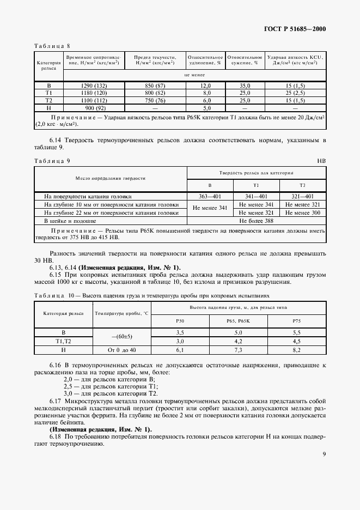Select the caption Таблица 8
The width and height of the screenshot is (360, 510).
click(53, 46)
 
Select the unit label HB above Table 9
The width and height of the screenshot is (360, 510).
click(322, 162)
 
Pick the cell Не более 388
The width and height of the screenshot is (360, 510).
click(257, 221)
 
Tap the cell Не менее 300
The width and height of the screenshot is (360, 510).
click(303, 213)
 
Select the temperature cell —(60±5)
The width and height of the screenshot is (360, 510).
click(122, 336)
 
